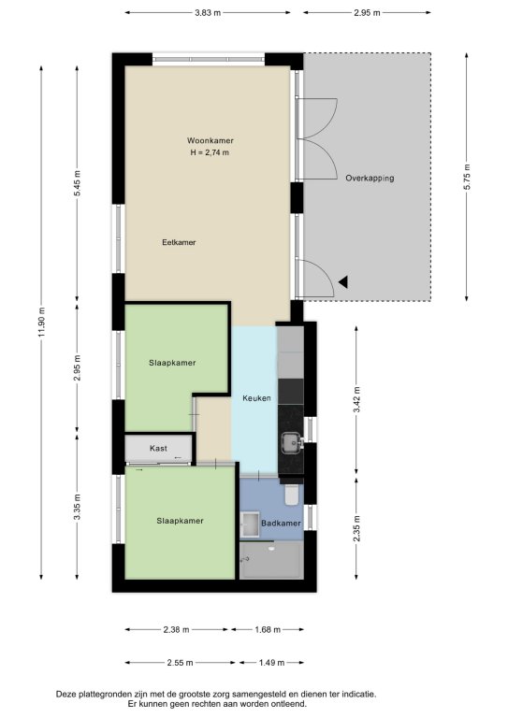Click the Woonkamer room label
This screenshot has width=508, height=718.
[x=210, y=140]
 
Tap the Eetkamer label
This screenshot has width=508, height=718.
[x=179, y=242]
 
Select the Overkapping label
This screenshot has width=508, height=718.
[x=370, y=179]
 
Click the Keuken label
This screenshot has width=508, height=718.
[x=256, y=398]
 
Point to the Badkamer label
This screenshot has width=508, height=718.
[x=281, y=524]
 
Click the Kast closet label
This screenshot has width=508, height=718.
[x=158, y=449]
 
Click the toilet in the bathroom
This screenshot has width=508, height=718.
[x=291, y=495]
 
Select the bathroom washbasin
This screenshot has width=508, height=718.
[x=250, y=524]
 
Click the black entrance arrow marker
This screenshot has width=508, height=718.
[x=343, y=282]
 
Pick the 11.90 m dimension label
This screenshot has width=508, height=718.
[x=42, y=322]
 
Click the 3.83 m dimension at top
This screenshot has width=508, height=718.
[x=208, y=13]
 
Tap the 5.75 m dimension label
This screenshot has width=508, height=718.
[x=467, y=177]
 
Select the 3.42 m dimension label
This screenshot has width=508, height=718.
[x=356, y=400]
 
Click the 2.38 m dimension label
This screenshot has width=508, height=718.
[x=177, y=629]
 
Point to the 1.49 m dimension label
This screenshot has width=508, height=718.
[x=271, y=663]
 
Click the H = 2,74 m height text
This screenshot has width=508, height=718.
[x=210, y=152]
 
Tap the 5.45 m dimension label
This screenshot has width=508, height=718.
[x=78, y=183]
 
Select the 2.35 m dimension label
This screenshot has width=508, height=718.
[x=356, y=528]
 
